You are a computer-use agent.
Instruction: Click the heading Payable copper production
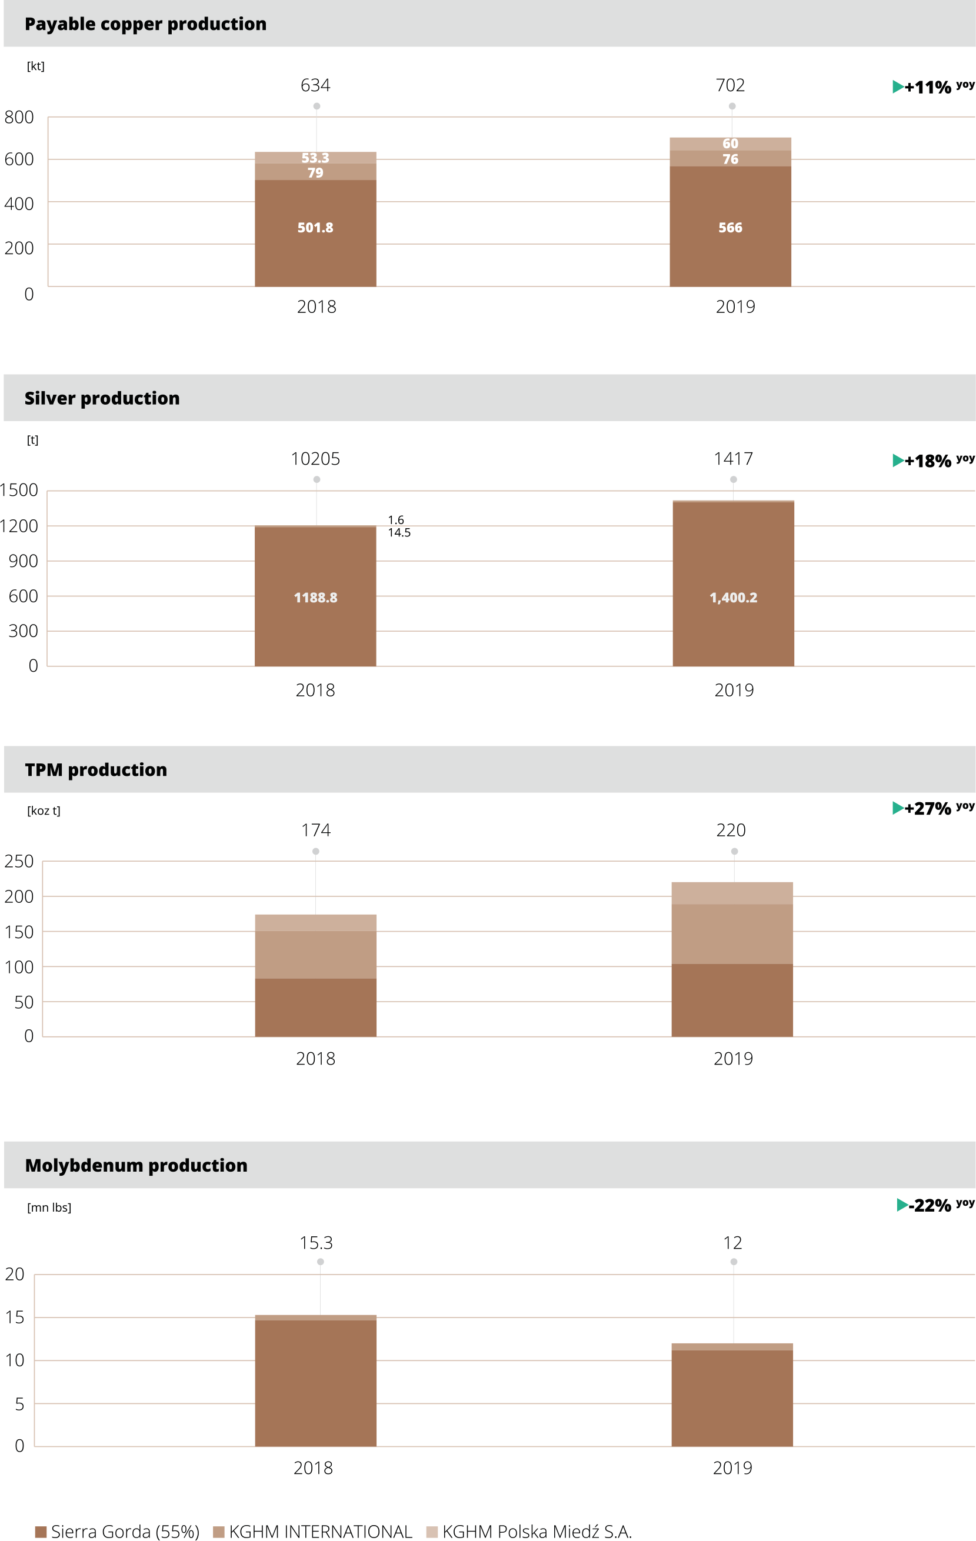click(145, 24)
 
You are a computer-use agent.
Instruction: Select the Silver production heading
click(102, 398)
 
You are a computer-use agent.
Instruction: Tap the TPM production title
click(96, 769)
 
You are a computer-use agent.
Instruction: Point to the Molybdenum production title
click(136, 1165)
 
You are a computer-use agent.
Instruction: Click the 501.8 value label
click(315, 228)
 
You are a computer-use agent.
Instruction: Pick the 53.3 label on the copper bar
click(315, 158)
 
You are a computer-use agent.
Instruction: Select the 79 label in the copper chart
click(315, 173)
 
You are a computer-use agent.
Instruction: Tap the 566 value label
click(730, 228)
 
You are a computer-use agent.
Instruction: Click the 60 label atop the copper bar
click(730, 144)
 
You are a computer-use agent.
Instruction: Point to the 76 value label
click(730, 159)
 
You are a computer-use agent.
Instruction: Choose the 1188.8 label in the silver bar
click(315, 598)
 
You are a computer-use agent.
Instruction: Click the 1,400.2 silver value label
click(733, 598)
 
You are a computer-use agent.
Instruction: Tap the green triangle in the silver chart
click(898, 460)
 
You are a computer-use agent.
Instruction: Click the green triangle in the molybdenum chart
click(902, 1205)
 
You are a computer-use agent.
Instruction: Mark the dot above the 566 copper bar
click(732, 106)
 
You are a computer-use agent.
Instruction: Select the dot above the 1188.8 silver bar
click(316, 479)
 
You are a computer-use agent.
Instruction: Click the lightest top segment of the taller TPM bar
click(732, 893)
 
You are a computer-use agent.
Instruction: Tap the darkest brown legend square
click(41, 1532)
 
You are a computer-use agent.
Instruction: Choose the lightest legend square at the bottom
click(432, 1532)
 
